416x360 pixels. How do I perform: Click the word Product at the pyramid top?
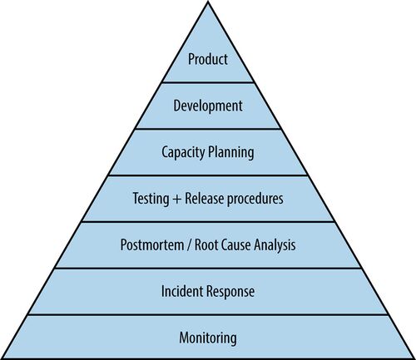(208, 59)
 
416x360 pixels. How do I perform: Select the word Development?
(208, 106)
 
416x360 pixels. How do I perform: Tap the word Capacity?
(184, 153)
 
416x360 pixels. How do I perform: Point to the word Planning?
(231, 153)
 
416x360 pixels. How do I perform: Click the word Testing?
(151, 199)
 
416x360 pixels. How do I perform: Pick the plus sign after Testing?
(176, 200)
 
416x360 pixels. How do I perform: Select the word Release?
(204, 199)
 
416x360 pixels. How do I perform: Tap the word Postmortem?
(152, 245)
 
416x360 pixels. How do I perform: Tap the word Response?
(230, 292)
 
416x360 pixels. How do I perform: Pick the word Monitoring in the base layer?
(208, 338)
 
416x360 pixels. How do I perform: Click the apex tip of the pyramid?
(208, 1)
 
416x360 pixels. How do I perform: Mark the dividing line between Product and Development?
(208, 82)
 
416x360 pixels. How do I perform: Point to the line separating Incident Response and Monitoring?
(208, 314)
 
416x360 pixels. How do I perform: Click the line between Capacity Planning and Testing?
(208, 175)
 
